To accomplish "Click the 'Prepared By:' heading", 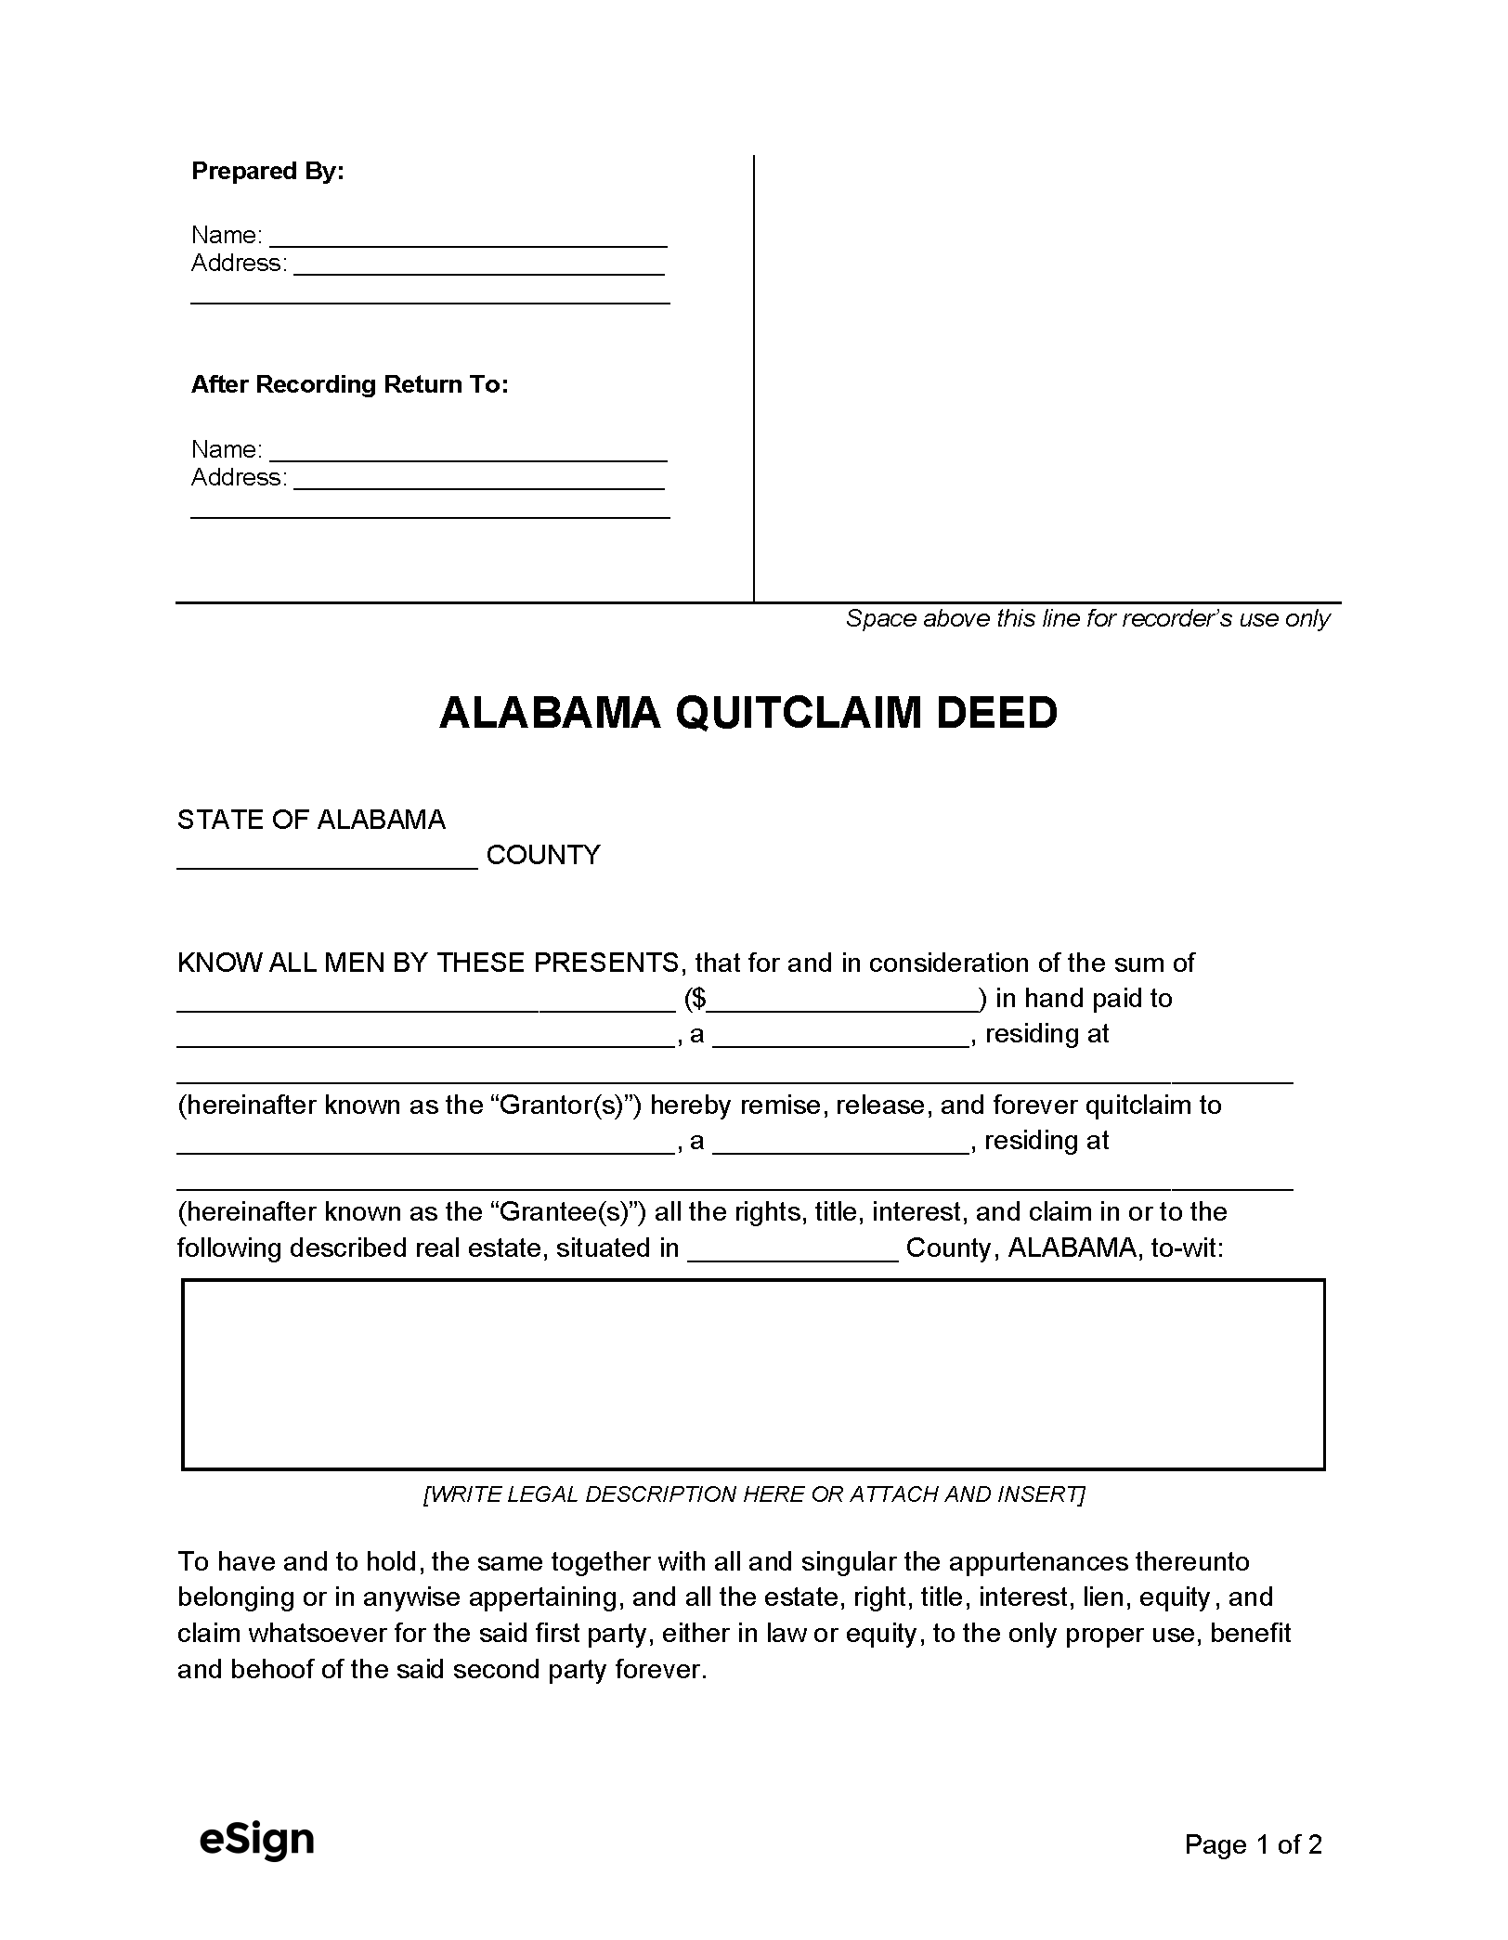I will (267, 172).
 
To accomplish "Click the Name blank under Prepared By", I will (468, 237).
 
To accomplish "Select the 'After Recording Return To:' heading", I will (349, 384).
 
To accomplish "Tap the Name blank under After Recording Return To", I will (468, 451).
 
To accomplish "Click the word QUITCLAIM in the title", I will (799, 713).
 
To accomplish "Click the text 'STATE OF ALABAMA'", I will (311, 820).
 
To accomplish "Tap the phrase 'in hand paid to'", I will (1084, 999).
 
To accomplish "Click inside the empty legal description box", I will (753, 1375).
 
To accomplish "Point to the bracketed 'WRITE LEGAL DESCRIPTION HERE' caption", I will (753, 1494).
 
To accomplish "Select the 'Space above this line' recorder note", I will (1087, 619).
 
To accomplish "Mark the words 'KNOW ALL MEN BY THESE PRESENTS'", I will (428, 963).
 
